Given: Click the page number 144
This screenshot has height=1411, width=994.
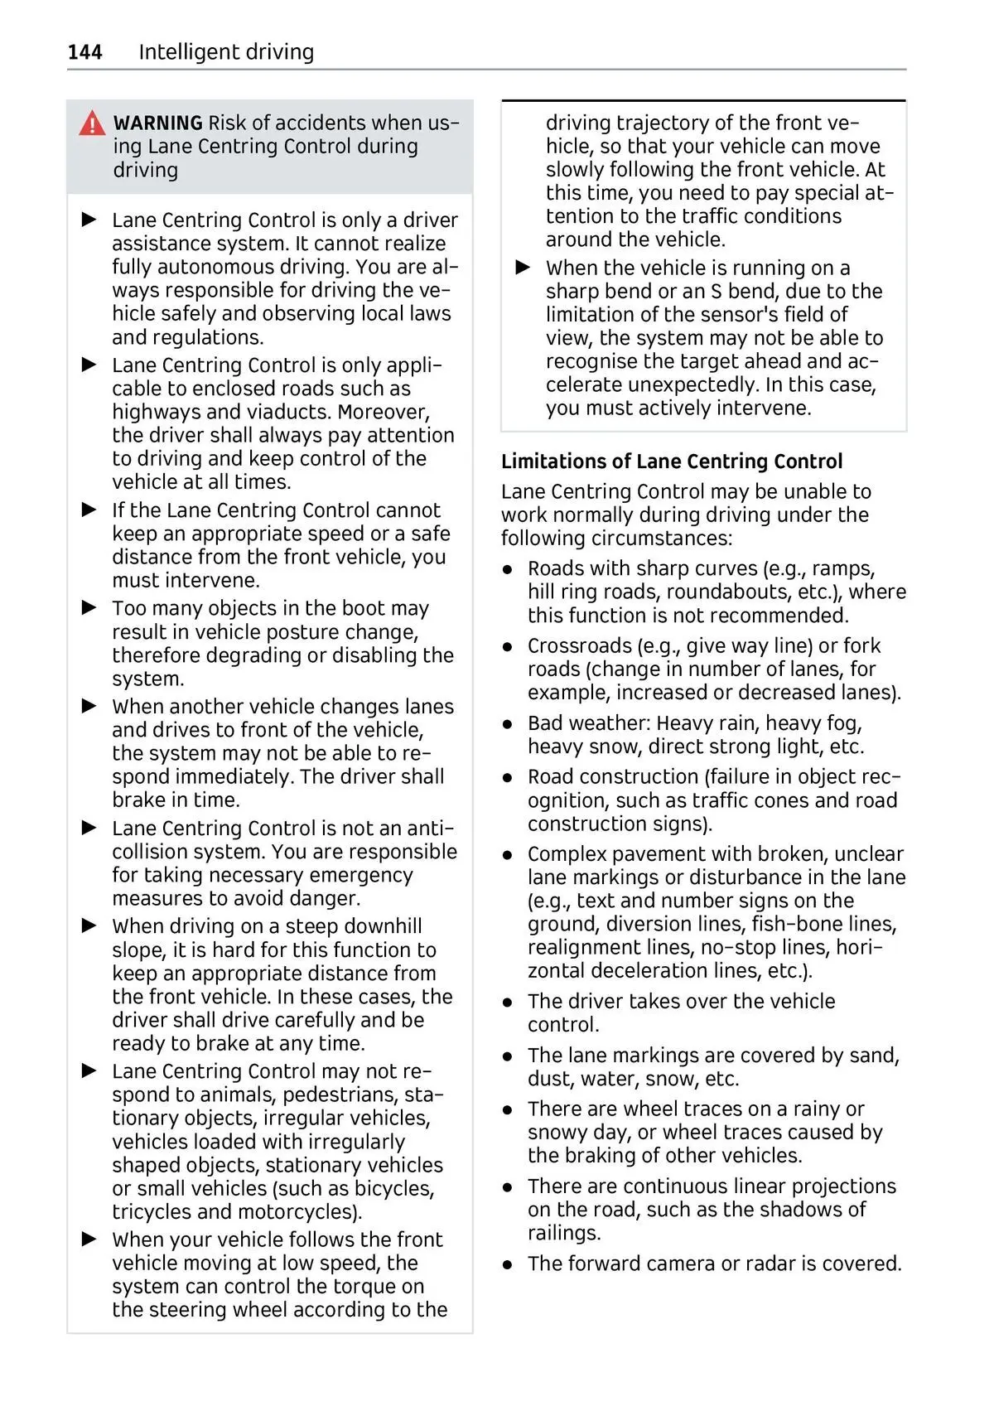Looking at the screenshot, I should pos(84,52).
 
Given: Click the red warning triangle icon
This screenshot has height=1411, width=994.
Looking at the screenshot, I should pos(92,123).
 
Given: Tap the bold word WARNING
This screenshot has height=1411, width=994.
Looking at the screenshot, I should pos(157,123).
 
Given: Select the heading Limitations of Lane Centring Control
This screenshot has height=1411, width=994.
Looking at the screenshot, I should pos(671,461).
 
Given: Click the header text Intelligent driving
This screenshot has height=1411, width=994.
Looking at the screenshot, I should pos(226,52).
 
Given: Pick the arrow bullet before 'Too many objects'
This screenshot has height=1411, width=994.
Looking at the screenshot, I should pos(89,608).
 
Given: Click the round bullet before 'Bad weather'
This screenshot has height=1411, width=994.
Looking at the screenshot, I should pos(509,723).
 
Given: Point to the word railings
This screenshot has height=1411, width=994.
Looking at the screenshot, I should pos(564,1233).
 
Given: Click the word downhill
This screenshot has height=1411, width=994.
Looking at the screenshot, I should pos(379,926).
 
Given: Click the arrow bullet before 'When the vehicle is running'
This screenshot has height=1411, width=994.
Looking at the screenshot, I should pos(523,268).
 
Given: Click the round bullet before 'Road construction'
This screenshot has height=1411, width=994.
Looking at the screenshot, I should pos(509,777).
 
